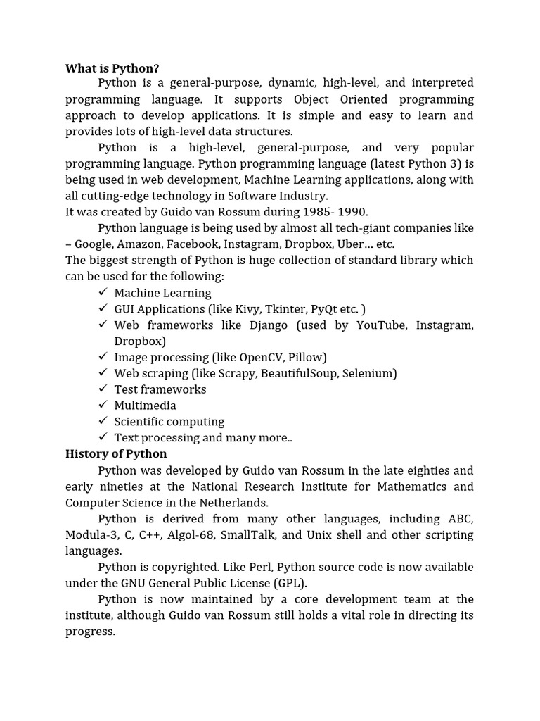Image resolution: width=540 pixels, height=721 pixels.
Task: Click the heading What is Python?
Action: (112, 68)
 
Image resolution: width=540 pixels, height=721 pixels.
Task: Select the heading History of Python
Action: (116, 453)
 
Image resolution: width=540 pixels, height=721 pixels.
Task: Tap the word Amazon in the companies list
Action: (139, 244)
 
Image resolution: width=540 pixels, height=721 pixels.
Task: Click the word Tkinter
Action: (282, 309)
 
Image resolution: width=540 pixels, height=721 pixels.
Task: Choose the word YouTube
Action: (382, 325)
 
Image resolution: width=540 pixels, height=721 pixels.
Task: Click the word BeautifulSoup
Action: (299, 373)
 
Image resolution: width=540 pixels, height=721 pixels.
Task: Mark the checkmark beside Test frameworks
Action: (103, 389)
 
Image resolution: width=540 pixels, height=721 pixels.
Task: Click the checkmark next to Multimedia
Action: (103, 405)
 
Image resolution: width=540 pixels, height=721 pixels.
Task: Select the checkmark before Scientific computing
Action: (103, 421)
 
